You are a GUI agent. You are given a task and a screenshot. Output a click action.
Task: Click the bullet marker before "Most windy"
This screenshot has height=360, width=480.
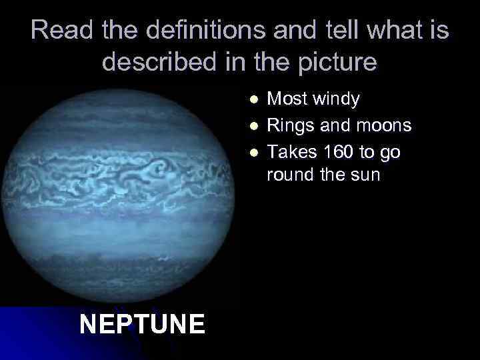click(x=252, y=100)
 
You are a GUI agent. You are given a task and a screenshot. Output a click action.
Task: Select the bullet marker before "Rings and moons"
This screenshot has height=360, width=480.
click(x=252, y=126)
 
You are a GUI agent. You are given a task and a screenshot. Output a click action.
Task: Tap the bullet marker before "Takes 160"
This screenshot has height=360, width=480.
click(x=252, y=152)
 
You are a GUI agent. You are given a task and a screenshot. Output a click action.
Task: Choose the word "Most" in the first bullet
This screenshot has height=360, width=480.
click(x=286, y=100)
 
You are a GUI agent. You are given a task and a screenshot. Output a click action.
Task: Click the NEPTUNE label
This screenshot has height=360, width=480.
click(x=142, y=325)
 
